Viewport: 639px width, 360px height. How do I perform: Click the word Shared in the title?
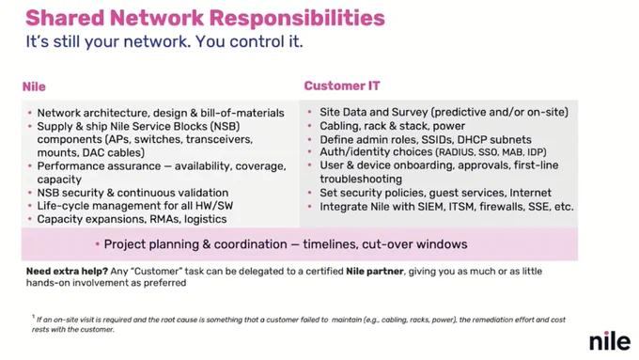click(65, 18)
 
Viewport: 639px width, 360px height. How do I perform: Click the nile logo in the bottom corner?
click(610, 340)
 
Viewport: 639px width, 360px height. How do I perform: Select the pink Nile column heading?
click(34, 86)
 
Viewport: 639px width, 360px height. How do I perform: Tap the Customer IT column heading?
click(342, 86)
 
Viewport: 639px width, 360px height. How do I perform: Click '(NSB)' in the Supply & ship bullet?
click(226, 126)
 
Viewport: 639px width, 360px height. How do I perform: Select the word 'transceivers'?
click(219, 139)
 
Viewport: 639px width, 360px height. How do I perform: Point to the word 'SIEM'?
click(430, 207)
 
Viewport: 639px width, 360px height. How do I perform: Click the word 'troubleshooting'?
click(361, 179)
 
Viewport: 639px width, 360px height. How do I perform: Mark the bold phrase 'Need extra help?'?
click(67, 271)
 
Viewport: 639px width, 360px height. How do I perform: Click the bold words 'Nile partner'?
click(375, 271)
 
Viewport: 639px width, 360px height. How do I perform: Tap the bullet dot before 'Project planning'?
click(98, 244)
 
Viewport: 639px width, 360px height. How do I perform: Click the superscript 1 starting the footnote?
click(34, 317)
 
